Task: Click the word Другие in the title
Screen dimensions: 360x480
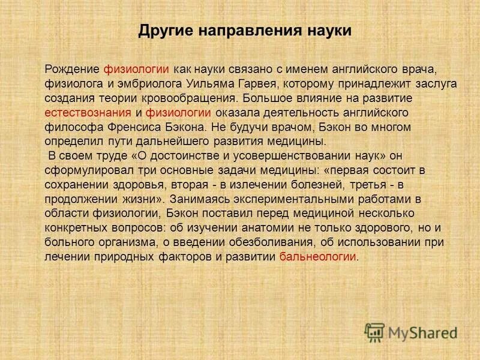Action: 163,31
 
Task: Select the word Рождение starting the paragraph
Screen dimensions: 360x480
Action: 73,69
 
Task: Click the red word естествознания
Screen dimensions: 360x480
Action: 88,112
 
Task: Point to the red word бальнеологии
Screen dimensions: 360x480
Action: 318,256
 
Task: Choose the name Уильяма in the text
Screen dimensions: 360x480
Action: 213,83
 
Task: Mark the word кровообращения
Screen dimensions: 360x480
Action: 189,98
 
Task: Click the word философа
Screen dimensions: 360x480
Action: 68,127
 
